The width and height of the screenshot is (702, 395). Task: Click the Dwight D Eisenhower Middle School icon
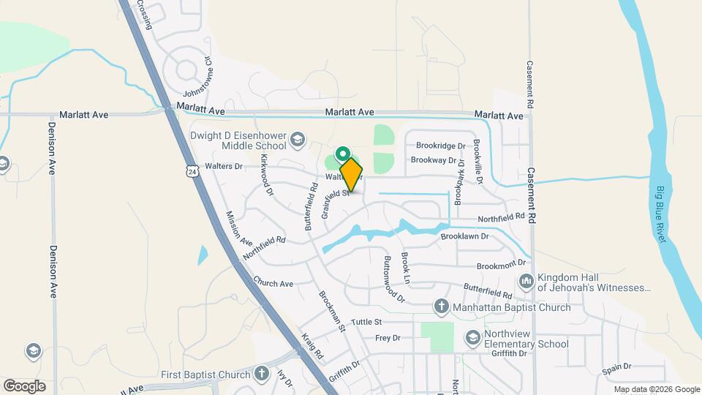pos(298,139)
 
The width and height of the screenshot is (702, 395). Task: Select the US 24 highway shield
pos(192,171)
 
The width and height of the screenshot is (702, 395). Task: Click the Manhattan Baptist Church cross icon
pos(441,306)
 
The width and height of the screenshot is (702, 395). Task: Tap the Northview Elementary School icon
pos(472,337)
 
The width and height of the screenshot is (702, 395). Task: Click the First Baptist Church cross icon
pos(262,375)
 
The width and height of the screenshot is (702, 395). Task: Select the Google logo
pos(24,386)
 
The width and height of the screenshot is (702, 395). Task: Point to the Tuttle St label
pos(367,322)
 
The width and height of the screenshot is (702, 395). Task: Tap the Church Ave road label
pos(273,282)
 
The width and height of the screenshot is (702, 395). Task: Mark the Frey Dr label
pos(388,338)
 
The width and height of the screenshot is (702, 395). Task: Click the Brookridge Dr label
pos(441,146)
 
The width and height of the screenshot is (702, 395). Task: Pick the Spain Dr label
pos(616,366)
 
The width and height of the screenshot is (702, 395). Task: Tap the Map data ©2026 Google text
pos(657,389)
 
